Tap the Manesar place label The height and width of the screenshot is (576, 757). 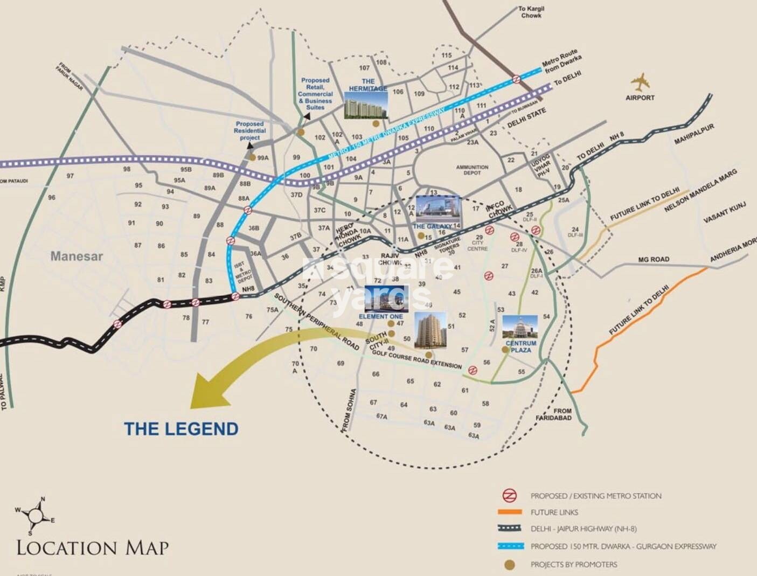77,256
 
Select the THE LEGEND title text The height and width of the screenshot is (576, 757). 181,429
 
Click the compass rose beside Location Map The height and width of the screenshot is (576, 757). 36,513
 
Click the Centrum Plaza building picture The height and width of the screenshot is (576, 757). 520,327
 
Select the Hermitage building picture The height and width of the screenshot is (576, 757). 365,105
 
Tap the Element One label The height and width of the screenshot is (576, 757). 380,316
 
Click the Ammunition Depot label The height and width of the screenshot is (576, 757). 472,170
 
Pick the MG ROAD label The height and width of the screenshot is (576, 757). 654,260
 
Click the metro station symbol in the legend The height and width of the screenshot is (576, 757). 509,496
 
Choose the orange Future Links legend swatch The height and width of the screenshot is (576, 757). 509,512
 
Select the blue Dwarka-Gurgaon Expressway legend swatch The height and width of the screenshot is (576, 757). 509,546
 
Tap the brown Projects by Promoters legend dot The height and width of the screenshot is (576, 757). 509,564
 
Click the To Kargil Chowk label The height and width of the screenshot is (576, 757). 531,12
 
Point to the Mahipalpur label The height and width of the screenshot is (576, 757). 694,134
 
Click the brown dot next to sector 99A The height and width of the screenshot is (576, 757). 252,157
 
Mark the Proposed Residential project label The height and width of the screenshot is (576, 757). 249,131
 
